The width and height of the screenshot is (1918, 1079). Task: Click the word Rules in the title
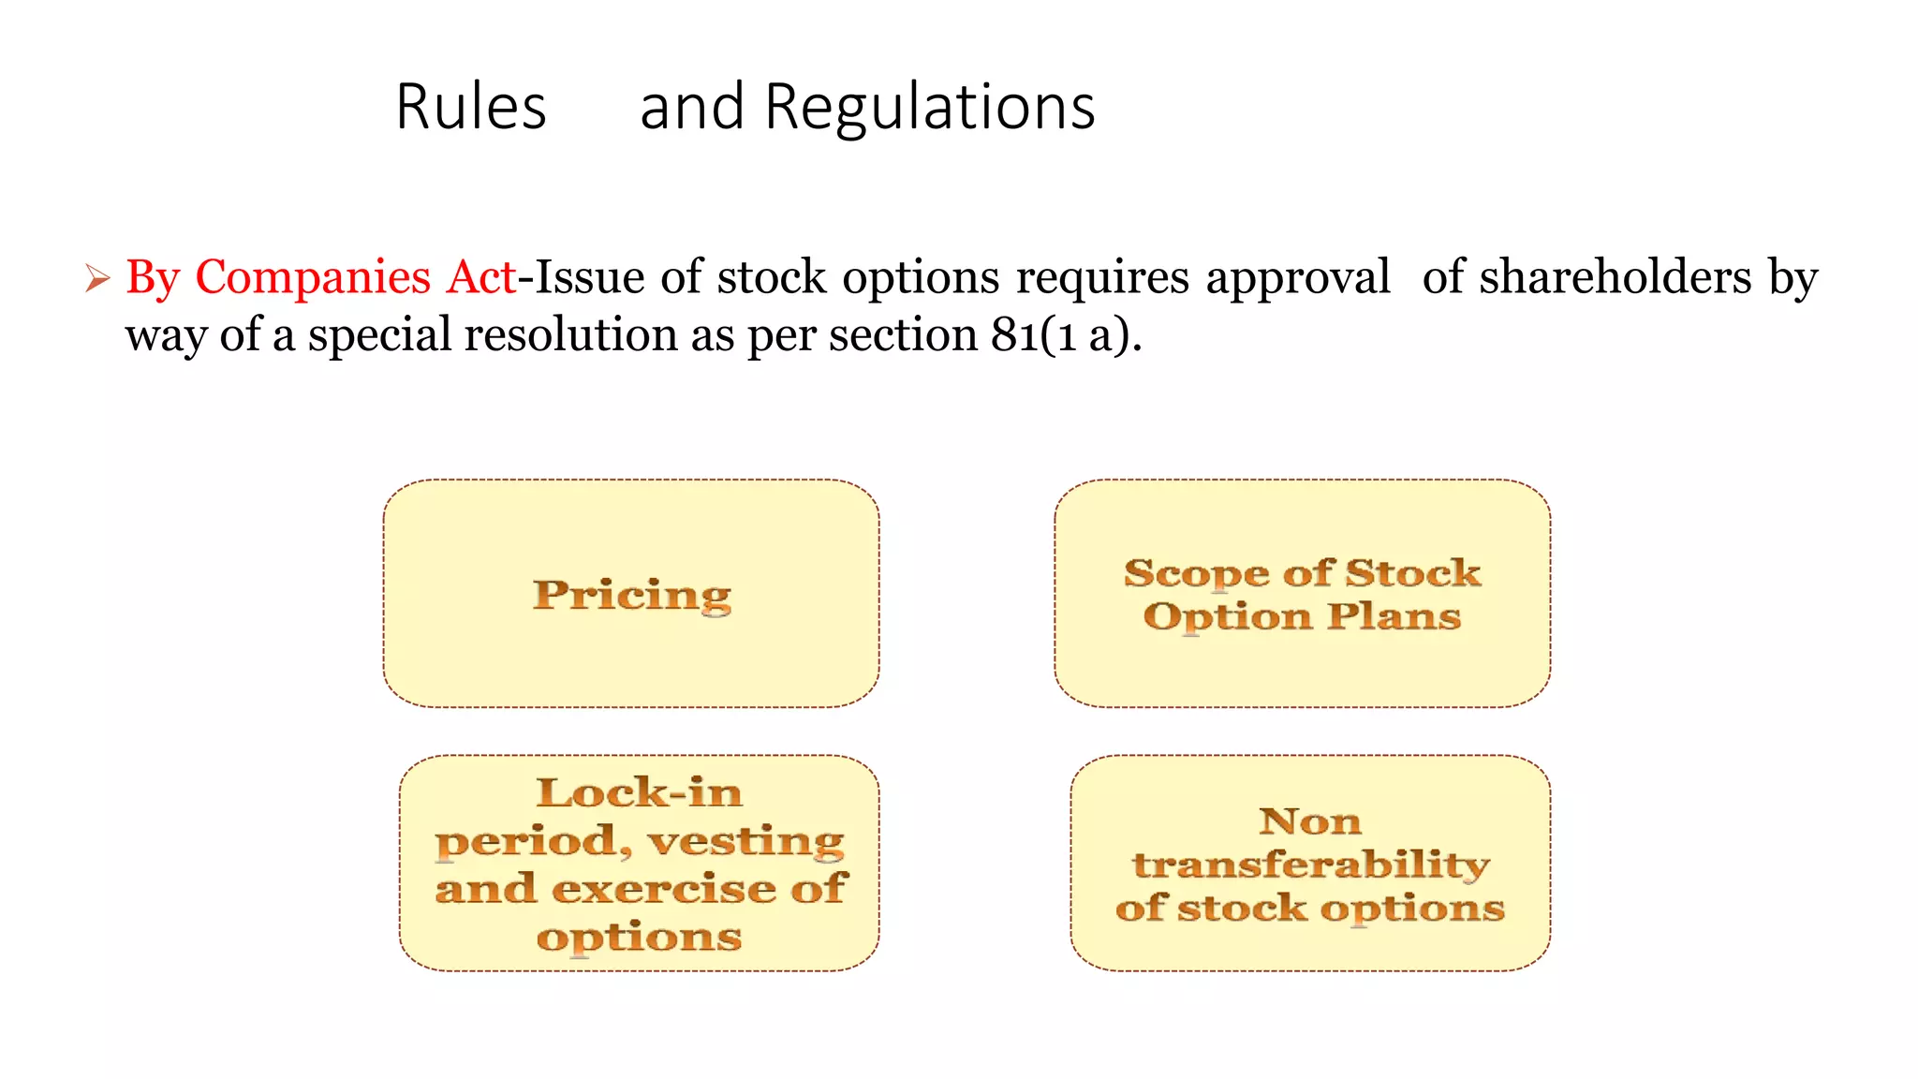point(471,107)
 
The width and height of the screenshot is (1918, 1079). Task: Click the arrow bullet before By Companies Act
point(97,278)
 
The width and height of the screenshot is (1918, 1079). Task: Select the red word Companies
point(313,278)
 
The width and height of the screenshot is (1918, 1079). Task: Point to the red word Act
point(480,277)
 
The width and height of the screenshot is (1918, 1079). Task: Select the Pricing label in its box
point(632,595)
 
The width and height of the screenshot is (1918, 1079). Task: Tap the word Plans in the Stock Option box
point(1394,616)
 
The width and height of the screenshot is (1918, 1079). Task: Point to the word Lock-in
point(640,793)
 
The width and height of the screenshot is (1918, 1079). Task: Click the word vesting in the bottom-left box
point(746,841)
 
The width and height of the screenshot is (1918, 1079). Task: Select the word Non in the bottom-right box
point(1310,821)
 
